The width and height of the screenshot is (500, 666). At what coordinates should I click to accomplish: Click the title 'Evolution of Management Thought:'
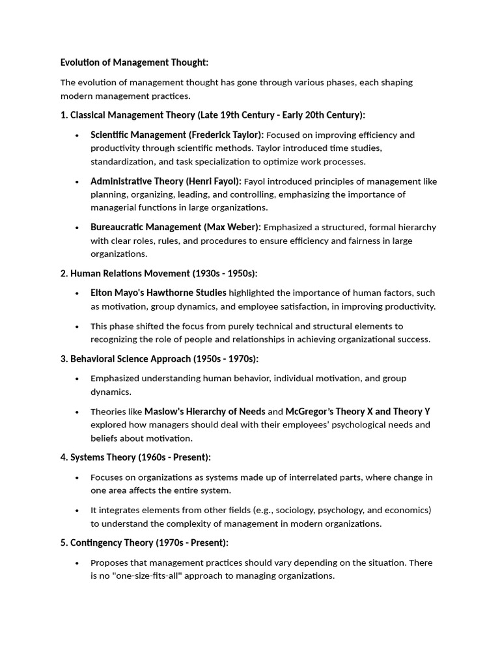pyautogui.click(x=134, y=62)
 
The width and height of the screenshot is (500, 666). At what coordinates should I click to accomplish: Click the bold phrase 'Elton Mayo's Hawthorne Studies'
pyautogui.click(x=158, y=293)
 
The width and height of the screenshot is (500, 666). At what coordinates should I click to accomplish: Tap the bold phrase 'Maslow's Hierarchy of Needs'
pyautogui.click(x=204, y=412)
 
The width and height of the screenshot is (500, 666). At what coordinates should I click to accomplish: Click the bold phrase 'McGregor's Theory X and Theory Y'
pyautogui.click(x=358, y=412)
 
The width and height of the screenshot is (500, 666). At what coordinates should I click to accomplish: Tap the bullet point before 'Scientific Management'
pyautogui.click(x=77, y=135)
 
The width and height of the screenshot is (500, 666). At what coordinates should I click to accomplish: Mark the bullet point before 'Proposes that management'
pyautogui.click(x=77, y=563)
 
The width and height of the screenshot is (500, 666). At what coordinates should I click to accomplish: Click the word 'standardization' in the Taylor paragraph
pyautogui.click(x=120, y=161)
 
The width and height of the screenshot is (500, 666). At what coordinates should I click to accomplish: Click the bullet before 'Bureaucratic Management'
pyautogui.click(x=77, y=228)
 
